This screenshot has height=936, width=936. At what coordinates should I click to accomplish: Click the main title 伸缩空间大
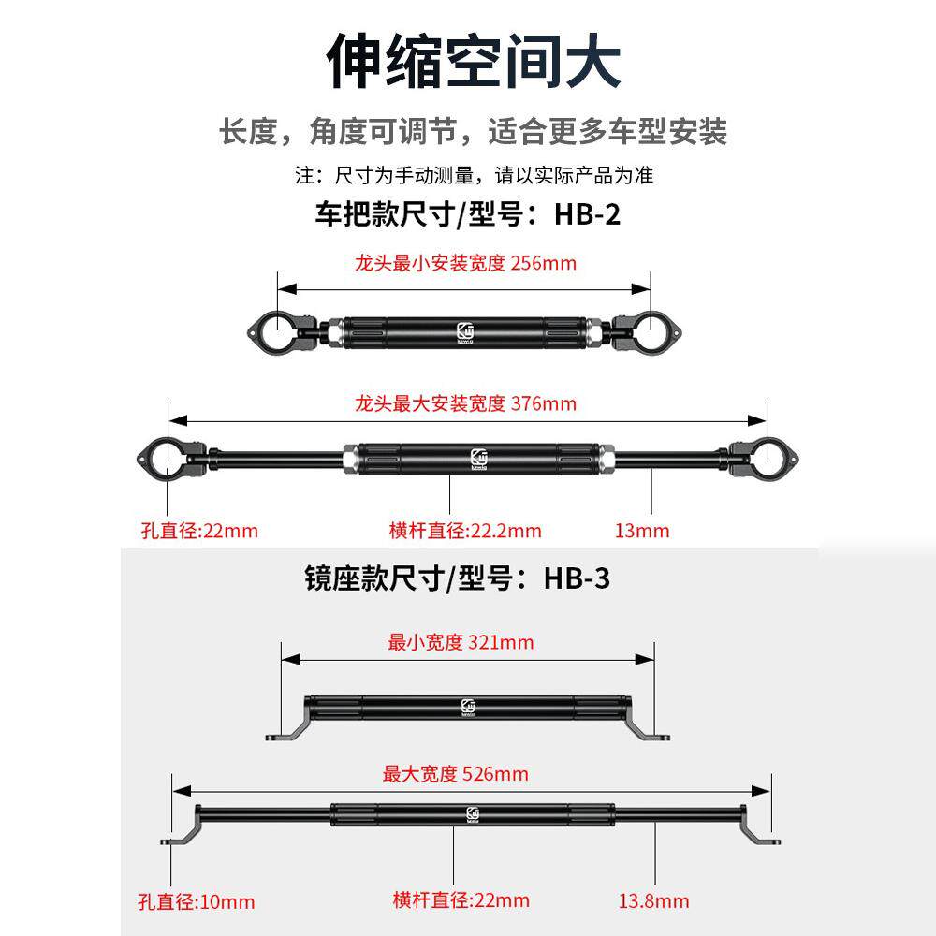[473, 61]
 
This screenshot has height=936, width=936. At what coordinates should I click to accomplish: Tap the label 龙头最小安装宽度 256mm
[465, 263]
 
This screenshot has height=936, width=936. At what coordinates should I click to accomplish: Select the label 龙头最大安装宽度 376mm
[465, 403]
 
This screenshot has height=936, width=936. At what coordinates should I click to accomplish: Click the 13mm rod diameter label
[642, 531]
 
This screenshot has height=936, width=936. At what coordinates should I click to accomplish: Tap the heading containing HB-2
[466, 214]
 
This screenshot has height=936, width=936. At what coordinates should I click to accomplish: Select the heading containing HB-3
[457, 578]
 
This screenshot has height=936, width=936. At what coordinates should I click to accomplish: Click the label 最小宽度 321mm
[461, 642]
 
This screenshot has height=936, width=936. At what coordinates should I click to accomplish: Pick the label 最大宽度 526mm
[456, 774]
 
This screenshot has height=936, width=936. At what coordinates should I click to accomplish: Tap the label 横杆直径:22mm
[461, 900]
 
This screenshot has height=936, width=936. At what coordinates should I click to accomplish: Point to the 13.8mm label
[653, 901]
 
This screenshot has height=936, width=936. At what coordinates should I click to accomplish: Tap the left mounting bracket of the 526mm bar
[185, 829]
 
